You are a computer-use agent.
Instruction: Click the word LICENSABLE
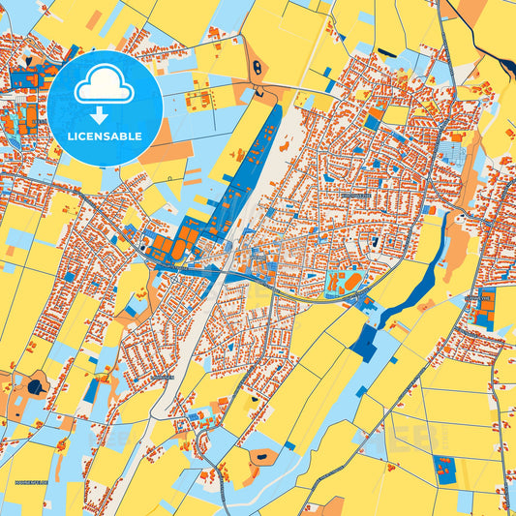(x=105, y=137)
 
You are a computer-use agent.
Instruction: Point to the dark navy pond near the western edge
(x=36, y=386)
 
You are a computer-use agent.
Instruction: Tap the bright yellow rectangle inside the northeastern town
(x=396, y=116)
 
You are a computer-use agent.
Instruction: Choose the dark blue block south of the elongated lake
(x=366, y=341)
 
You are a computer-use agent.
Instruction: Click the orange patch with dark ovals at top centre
(x=258, y=69)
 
